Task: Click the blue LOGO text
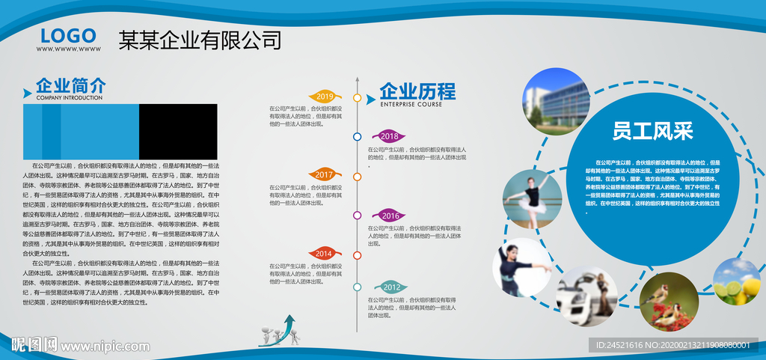[x=68, y=35]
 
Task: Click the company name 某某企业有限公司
[x=200, y=40]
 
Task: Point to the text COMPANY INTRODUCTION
[x=69, y=98]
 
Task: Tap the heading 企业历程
[x=417, y=91]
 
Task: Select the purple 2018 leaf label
[x=389, y=136]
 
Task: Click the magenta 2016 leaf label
[x=390, y=216]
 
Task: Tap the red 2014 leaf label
[x=323, y=254]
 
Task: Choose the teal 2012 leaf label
[x=390, y=287]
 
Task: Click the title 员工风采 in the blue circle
[x=652, y=132]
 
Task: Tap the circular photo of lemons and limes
[x=737, y=282]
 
